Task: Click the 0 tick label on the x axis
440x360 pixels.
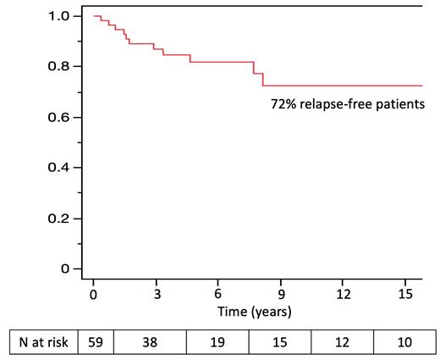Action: point(93,295)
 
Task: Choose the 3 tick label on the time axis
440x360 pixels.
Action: point(156,295)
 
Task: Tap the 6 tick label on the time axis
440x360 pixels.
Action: point(218,295)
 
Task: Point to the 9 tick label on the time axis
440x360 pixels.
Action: point(280,295)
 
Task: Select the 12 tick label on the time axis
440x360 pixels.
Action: point(343,295)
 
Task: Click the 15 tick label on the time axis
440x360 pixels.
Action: point(404,295)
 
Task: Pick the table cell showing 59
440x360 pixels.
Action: point(94,344)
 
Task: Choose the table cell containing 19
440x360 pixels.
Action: point(218,344)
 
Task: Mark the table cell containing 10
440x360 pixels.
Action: point(405,344)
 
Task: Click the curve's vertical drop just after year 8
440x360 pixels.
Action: point(262,80)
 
